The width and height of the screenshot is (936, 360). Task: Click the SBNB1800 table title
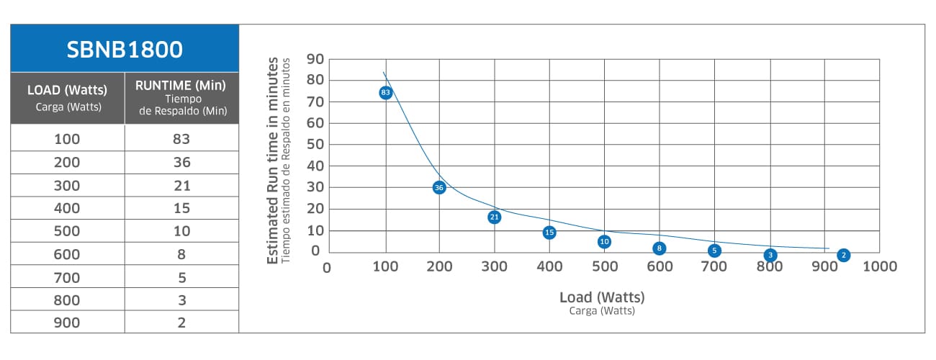pos(125,49)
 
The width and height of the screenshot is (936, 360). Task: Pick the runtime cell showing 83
pos(181,139)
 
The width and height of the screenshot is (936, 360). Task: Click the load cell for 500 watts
pos(67,231)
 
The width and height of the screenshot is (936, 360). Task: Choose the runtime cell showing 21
pos(181,185)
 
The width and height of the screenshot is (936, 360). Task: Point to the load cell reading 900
pos(67,323)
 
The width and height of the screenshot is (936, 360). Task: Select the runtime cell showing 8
pos(181,253)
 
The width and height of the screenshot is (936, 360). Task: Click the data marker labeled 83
pos(385,92)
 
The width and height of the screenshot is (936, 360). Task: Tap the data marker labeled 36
pos(439,187)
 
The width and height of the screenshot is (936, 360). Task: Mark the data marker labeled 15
pos(549,233)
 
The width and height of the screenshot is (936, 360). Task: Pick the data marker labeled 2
pos(843,255)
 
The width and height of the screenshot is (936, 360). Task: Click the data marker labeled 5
pos(714,251)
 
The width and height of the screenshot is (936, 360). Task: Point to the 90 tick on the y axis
pos(315,59)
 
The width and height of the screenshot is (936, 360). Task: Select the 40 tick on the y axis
pos(315,166)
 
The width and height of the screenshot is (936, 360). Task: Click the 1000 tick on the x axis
pos(879,267)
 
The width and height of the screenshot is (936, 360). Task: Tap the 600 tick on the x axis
pos(660,267)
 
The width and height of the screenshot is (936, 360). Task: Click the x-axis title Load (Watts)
pos(602,297)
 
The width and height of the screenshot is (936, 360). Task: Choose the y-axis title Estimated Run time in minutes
pos(273,162)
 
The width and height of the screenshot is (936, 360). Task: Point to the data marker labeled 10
pos(604,242)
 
